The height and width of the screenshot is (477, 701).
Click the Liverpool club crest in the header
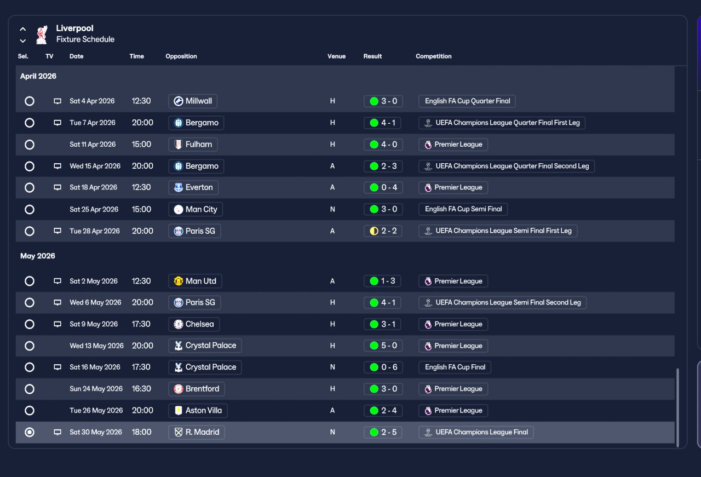(x=42, y=35)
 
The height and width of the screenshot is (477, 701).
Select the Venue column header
(x=336, y=56)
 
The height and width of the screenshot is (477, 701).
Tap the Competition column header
(x=433, y=56)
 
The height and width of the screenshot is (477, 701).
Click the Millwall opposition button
(x=193, y=101)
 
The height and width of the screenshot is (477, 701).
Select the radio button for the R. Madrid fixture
(x=30, y=432)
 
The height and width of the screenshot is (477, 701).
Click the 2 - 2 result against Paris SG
(x=383, y=231)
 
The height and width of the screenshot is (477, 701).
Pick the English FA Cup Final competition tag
(x=455, y=367)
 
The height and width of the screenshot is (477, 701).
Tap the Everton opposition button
(x=193, y=187)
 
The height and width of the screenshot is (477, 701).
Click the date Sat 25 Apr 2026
(x=94, y=209)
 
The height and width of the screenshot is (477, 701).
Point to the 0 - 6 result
(x=383, y=367)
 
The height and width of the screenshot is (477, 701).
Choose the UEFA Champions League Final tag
(x=476, y=432)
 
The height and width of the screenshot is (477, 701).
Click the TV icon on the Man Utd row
(x=58, y=281)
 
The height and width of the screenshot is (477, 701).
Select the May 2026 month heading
(x=38, y=256)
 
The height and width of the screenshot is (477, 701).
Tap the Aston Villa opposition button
(x=198, y=411)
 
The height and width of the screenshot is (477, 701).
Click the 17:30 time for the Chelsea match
(x=141, y=324)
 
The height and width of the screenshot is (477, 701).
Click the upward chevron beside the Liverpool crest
(x=23, y=29)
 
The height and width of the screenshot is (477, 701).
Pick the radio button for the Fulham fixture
(x=30, y=145)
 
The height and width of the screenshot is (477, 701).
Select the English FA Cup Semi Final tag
(x=463, y=209)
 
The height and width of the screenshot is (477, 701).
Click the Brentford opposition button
(x=196, y=389)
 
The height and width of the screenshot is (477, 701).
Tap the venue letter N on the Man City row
(x=332, y=209)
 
